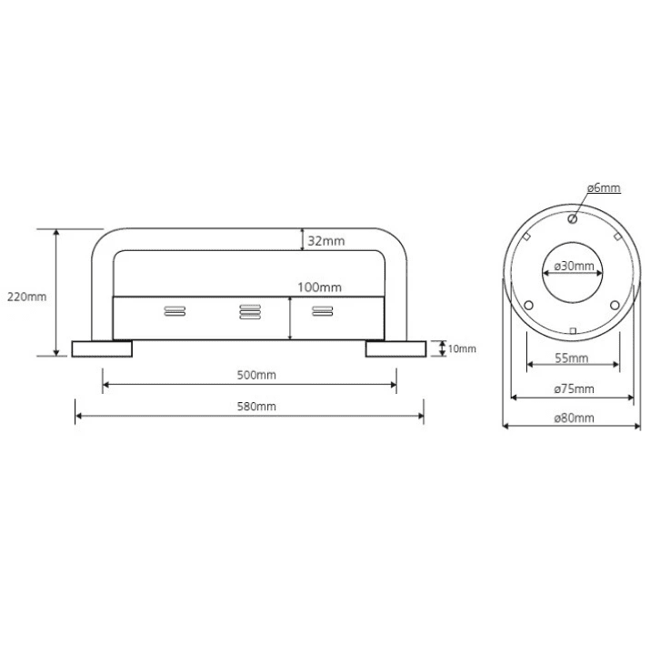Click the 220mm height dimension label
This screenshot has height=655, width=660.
(26, 297)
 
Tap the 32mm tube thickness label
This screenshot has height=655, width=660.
(326, 241)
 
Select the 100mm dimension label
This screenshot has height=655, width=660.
(319, 287)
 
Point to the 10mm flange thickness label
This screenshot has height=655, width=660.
(462, 348)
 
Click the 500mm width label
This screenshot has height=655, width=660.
(256, 375)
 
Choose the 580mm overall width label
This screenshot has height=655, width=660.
(256, 407)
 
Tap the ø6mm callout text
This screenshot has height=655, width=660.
(604, 188)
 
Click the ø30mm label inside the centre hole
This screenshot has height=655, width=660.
(575, 266)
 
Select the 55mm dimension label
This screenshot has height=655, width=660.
(572, 358)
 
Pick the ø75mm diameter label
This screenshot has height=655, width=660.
(575, 388)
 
